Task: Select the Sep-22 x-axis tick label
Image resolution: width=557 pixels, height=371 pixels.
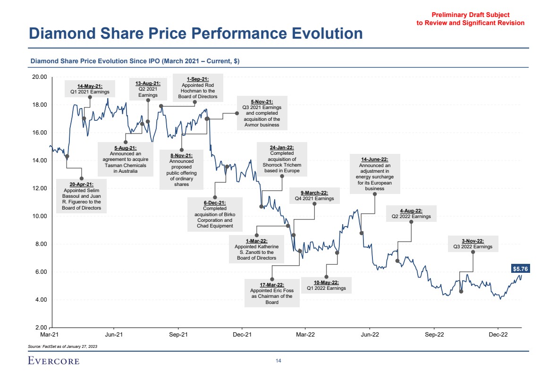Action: click(x=434, y=335)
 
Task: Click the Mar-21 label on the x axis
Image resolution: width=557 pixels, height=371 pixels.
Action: click(x=50, y=335)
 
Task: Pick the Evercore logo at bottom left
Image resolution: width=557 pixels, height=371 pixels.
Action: click(x=53, y=361)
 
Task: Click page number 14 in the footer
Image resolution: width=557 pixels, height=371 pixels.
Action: click(x=278, y=361)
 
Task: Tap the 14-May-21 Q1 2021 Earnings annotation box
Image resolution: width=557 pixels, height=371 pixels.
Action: click(x=90, y=89)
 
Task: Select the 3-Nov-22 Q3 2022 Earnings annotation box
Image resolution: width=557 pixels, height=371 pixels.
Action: click(x=473, y=244)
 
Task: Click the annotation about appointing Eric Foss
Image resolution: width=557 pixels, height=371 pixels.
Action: click(x=271, y=294)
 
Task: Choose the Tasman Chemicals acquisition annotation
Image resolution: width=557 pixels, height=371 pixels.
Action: click(x=126, y=160)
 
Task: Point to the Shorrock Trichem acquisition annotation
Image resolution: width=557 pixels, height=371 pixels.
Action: click(x=282, y=159)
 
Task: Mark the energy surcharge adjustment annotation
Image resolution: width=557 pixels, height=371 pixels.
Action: click(x=375, y=174)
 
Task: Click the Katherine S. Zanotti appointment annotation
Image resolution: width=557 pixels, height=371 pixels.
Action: click(x=256, y=249)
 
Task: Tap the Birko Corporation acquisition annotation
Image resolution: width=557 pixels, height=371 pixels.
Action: click(x=215, y=214)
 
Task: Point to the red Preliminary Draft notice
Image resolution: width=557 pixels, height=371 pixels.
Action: click(x=470, y=19)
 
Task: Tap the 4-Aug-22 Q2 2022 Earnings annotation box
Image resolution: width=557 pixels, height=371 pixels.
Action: click(x=411, y=214)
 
